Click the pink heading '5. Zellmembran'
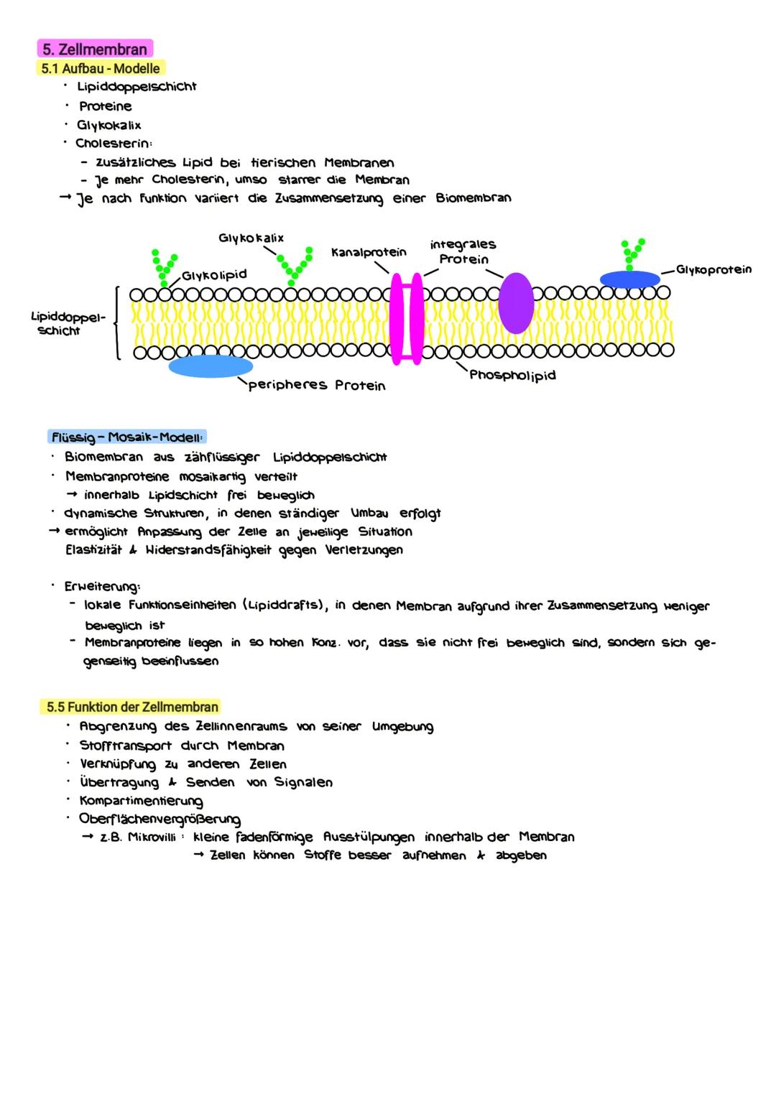click(94, 50)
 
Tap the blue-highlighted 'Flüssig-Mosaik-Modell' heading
click(128, 437)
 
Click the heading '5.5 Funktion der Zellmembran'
click(132, 707)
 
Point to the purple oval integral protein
click(516, 303)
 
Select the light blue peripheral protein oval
click(210, 366)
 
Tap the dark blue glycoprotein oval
click(629, 279)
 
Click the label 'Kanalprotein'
click(369, 252)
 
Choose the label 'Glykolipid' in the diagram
click(214, 275)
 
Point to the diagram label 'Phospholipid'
click(512, 375)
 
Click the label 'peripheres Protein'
click(317, 386)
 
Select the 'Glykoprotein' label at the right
click(713, 269)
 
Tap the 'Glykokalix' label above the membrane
click(251, 238)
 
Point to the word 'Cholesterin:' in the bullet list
click(114, 143)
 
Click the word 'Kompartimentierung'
click(141, 801)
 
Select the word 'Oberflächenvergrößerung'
click(160, 819)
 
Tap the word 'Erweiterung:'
click(102, 587)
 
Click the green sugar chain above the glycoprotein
click(631, 251)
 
